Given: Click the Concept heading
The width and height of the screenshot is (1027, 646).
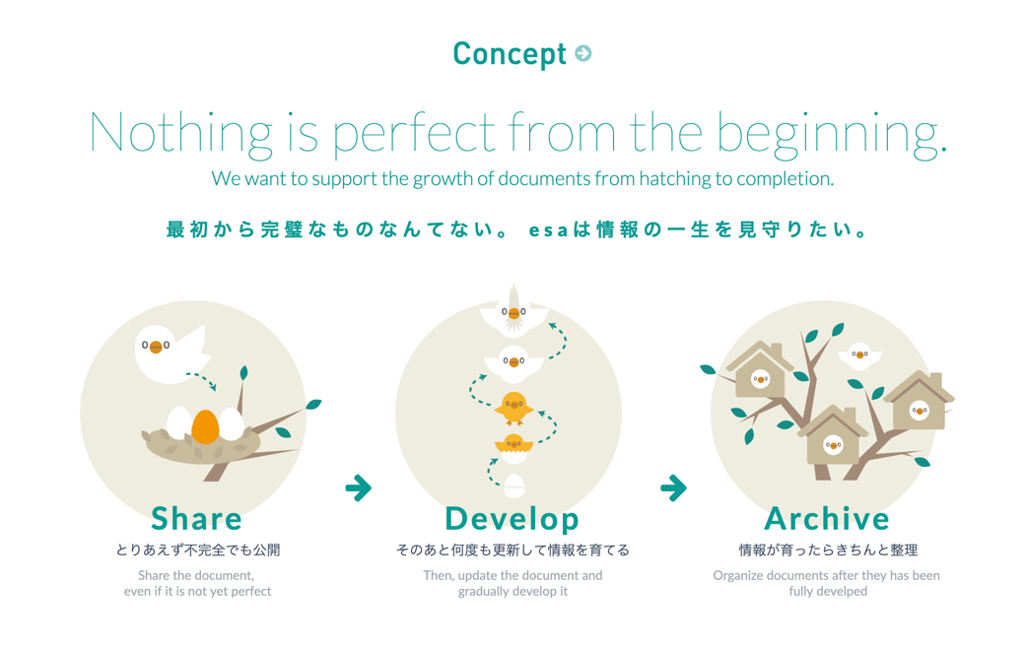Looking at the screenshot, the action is (509, 54).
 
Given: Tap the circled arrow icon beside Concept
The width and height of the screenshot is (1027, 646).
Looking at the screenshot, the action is (582, 53).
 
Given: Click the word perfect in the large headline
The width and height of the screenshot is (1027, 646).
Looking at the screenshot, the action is (414, 134).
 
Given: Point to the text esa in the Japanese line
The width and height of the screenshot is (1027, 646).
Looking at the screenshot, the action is (548, 230).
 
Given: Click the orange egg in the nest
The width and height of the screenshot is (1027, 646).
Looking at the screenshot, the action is (205, 426).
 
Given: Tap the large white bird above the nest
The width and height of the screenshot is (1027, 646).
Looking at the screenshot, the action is (171, 353).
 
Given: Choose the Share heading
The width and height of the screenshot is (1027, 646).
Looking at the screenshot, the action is (196, 518).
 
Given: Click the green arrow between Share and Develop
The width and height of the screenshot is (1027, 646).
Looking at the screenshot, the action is (359, 487).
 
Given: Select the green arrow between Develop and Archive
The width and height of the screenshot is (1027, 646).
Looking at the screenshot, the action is (673, 487).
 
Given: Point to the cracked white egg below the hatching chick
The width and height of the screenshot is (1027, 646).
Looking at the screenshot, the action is (514, 484).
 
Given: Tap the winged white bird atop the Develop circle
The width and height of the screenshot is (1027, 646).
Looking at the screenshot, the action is (514, 312).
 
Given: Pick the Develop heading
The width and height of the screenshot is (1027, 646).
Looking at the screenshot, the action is (513, 520).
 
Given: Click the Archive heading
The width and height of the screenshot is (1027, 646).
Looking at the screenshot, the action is (827, 518).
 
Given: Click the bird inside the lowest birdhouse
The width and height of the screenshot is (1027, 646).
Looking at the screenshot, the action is (833, 445).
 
